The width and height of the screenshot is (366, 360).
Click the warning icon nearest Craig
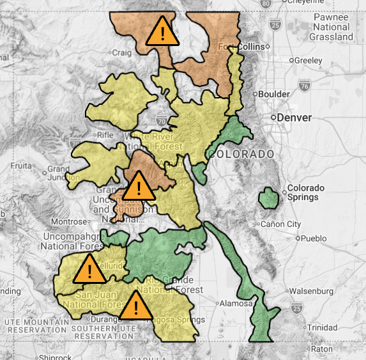point(162,32)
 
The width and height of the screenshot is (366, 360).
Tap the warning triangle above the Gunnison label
point(137,187)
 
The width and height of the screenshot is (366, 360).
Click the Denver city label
point(294,118)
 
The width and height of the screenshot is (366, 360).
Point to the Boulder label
point(273,94)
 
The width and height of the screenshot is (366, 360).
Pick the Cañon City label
point(280,224)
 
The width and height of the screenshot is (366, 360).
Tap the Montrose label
point(68,221)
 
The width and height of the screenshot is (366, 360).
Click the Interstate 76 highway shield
point(304,86)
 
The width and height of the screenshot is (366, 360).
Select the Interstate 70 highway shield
point(162,119)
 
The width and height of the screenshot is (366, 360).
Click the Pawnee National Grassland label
point(331,27)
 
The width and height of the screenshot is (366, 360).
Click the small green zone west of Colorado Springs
point(268,200)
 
